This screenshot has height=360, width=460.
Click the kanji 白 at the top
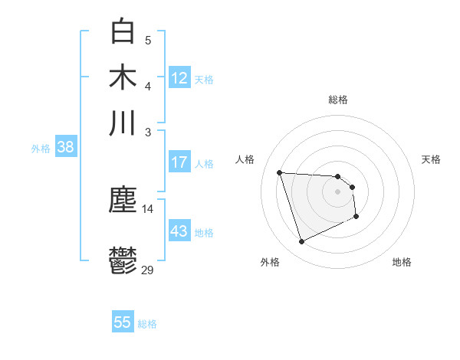(123, 31)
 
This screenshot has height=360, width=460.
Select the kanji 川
(123, 123)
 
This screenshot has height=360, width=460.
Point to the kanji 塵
(123, 201)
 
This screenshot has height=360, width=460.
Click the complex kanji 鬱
(123, 260)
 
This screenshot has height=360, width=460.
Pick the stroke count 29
(148, 270)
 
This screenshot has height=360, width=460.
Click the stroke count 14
(148, 209)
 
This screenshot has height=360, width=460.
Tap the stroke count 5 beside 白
(148, 40)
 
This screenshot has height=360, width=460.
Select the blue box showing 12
(179, 78)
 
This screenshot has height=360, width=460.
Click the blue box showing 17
(179, 162)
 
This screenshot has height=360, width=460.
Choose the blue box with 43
(179, 231)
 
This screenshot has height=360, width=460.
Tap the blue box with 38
(65, 148)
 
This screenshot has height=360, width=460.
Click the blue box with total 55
(123, 322)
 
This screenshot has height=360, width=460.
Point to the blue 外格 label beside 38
(41, 149)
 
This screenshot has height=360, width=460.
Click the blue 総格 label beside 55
(147, 324)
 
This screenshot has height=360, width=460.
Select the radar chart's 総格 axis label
(338, 100)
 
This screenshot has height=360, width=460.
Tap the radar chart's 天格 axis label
(432, 159)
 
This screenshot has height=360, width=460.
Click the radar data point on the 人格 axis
(280, 172)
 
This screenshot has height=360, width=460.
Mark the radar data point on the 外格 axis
(302, 242)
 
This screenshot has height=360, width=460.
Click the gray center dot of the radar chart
(338, 191)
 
